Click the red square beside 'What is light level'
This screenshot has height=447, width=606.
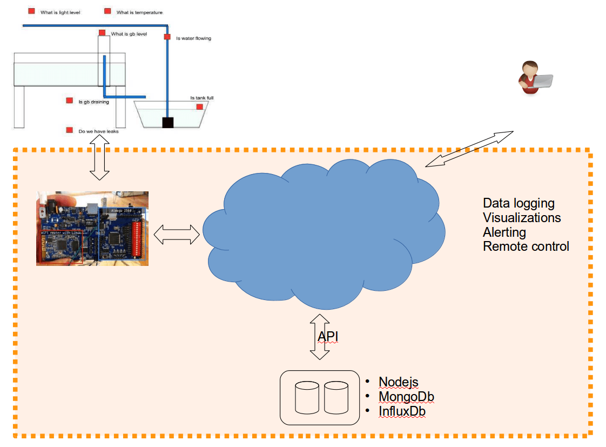click(31, 11)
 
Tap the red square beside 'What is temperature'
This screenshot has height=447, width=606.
click(107, 11)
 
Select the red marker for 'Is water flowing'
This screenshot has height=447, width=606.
click(167, 37)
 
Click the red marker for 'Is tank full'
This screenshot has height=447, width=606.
click(199, 107)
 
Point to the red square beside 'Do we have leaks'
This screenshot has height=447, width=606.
click(69, 130)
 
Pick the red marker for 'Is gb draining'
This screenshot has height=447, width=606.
click(69, 101)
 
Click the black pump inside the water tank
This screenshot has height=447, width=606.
click(168, 123)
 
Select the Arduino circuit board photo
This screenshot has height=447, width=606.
click(92, 228)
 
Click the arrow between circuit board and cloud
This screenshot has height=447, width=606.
click(177, 235)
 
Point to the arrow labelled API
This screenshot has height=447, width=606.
click(319, 337)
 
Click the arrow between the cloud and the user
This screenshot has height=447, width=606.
click(469, 148)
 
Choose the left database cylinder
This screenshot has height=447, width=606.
click(307, 398)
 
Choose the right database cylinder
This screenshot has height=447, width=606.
click(336, 398)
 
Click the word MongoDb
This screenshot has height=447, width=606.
click(406, 397)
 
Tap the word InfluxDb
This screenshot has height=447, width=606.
click(402, 411)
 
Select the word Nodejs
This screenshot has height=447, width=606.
click(399, 382)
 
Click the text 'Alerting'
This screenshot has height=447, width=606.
click(504, 232)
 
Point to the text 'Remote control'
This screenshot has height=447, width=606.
click(526, 246)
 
